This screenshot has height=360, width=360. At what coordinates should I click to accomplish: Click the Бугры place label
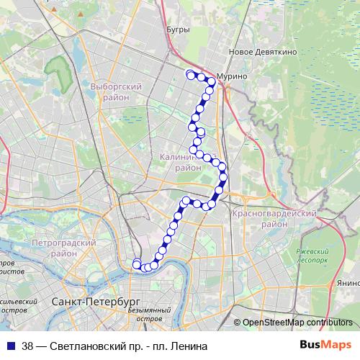coord(177,30)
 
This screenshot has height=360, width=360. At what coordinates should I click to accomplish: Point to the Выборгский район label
coord(116,91)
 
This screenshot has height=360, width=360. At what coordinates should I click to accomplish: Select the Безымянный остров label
coord(147,314)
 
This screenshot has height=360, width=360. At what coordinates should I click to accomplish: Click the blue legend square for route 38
coord(10,345)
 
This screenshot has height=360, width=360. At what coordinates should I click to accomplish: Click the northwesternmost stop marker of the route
coord(190,74)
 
